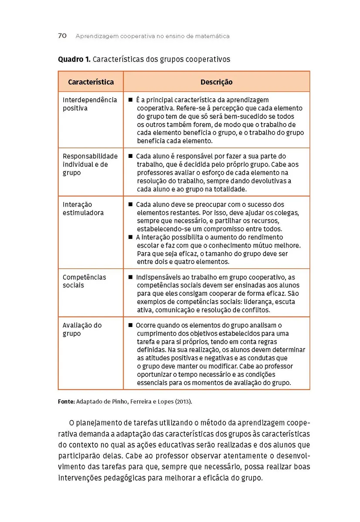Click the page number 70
62,36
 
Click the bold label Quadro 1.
74,59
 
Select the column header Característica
91,82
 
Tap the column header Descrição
216,82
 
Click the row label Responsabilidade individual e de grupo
90,164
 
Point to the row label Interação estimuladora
83,209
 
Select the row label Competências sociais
84,281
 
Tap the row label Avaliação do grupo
82,329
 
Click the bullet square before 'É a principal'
130,100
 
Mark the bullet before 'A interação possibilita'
130,238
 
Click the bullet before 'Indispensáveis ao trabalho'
130,277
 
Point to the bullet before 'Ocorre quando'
130,325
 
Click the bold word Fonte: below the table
67,402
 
